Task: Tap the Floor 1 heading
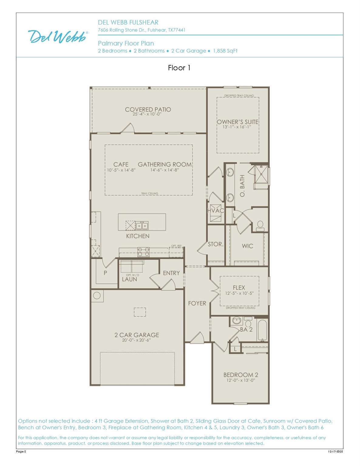click(179, 68)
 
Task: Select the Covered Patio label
click(148, 110)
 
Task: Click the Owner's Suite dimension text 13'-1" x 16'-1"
click(237, 127)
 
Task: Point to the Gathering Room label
click(165, 164)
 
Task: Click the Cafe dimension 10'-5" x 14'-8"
click(121, 170)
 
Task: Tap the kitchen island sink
click(142, 226)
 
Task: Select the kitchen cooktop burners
click(144, 252)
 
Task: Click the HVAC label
click(216, 211)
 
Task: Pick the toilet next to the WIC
click(260, 226)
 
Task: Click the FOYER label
click(197, 303)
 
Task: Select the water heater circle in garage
click(97, 296)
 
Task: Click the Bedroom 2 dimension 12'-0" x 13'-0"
click(241, 380)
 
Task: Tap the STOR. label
click(216, 244)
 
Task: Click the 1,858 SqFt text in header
click(225, 51)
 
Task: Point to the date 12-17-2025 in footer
click(335, 451)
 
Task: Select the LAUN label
click(129, 279)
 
